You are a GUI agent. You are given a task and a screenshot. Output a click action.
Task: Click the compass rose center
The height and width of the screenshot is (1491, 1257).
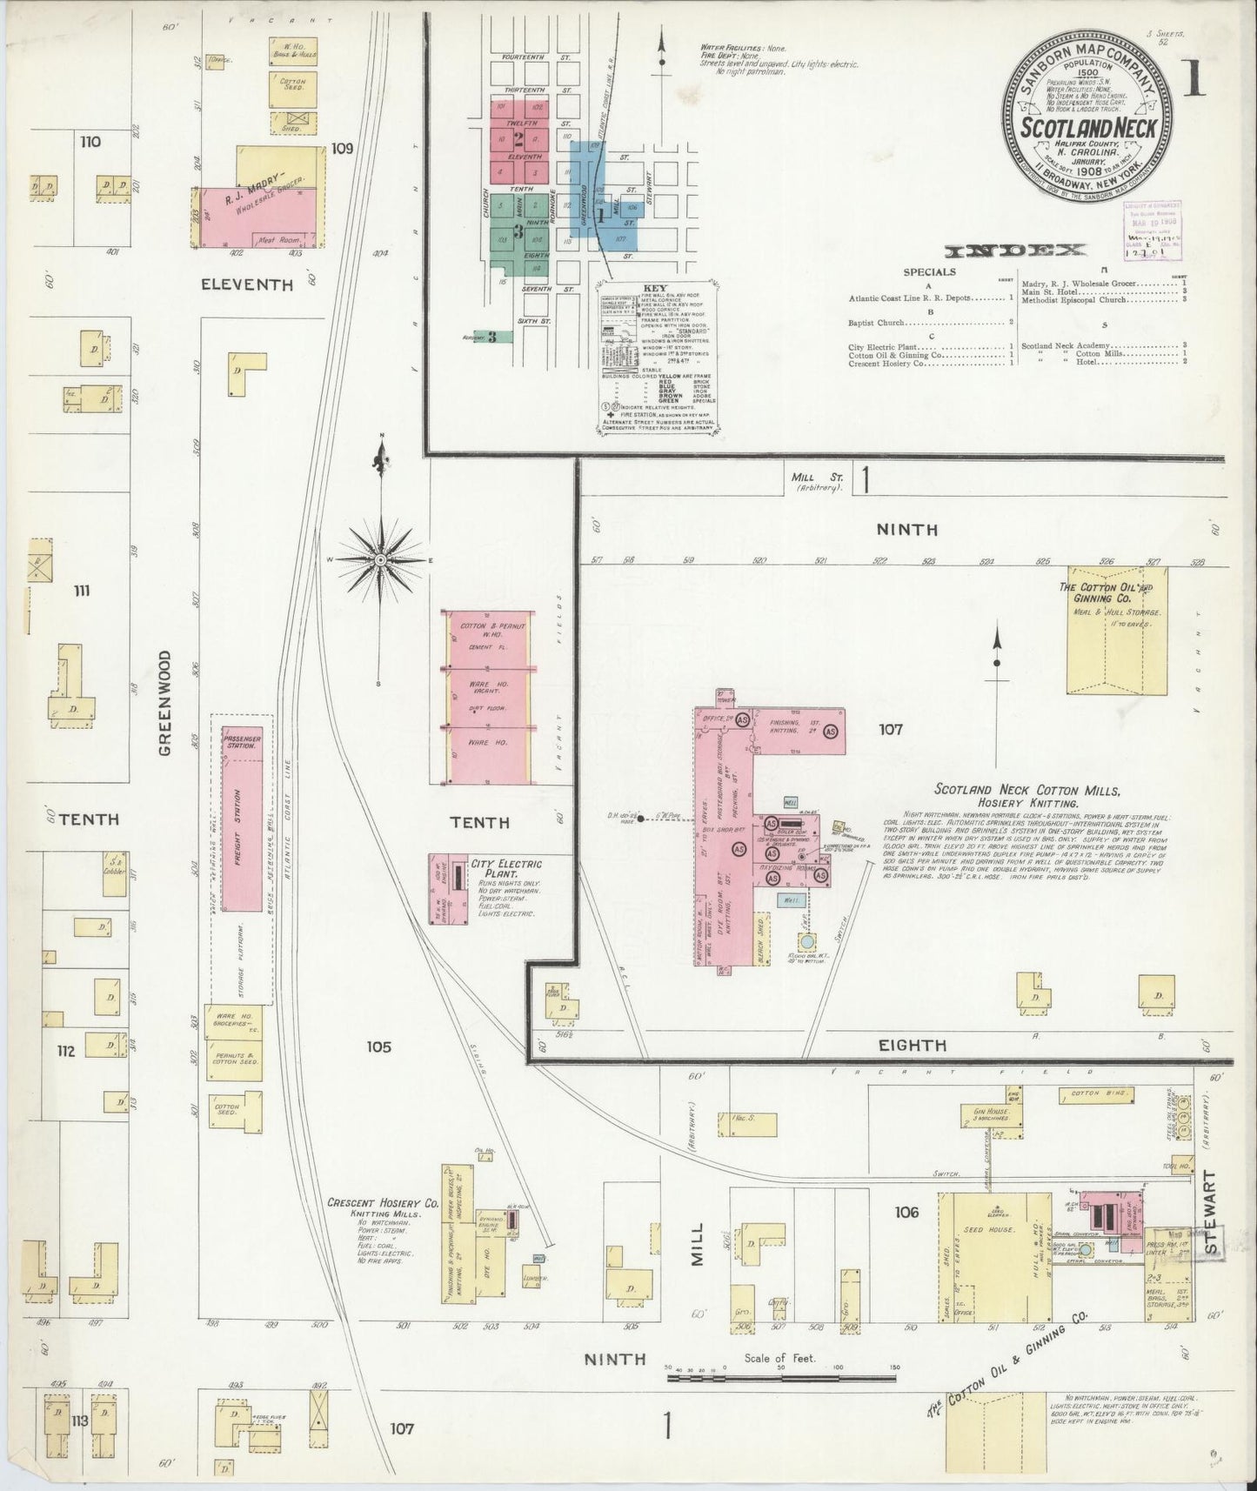click(x=380, y=560)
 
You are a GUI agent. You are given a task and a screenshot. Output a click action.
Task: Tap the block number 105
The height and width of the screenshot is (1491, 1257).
click(x=378, y=1046)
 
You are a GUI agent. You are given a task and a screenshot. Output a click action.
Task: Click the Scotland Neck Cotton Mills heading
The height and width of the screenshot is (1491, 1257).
click(x=1027, y=790)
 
